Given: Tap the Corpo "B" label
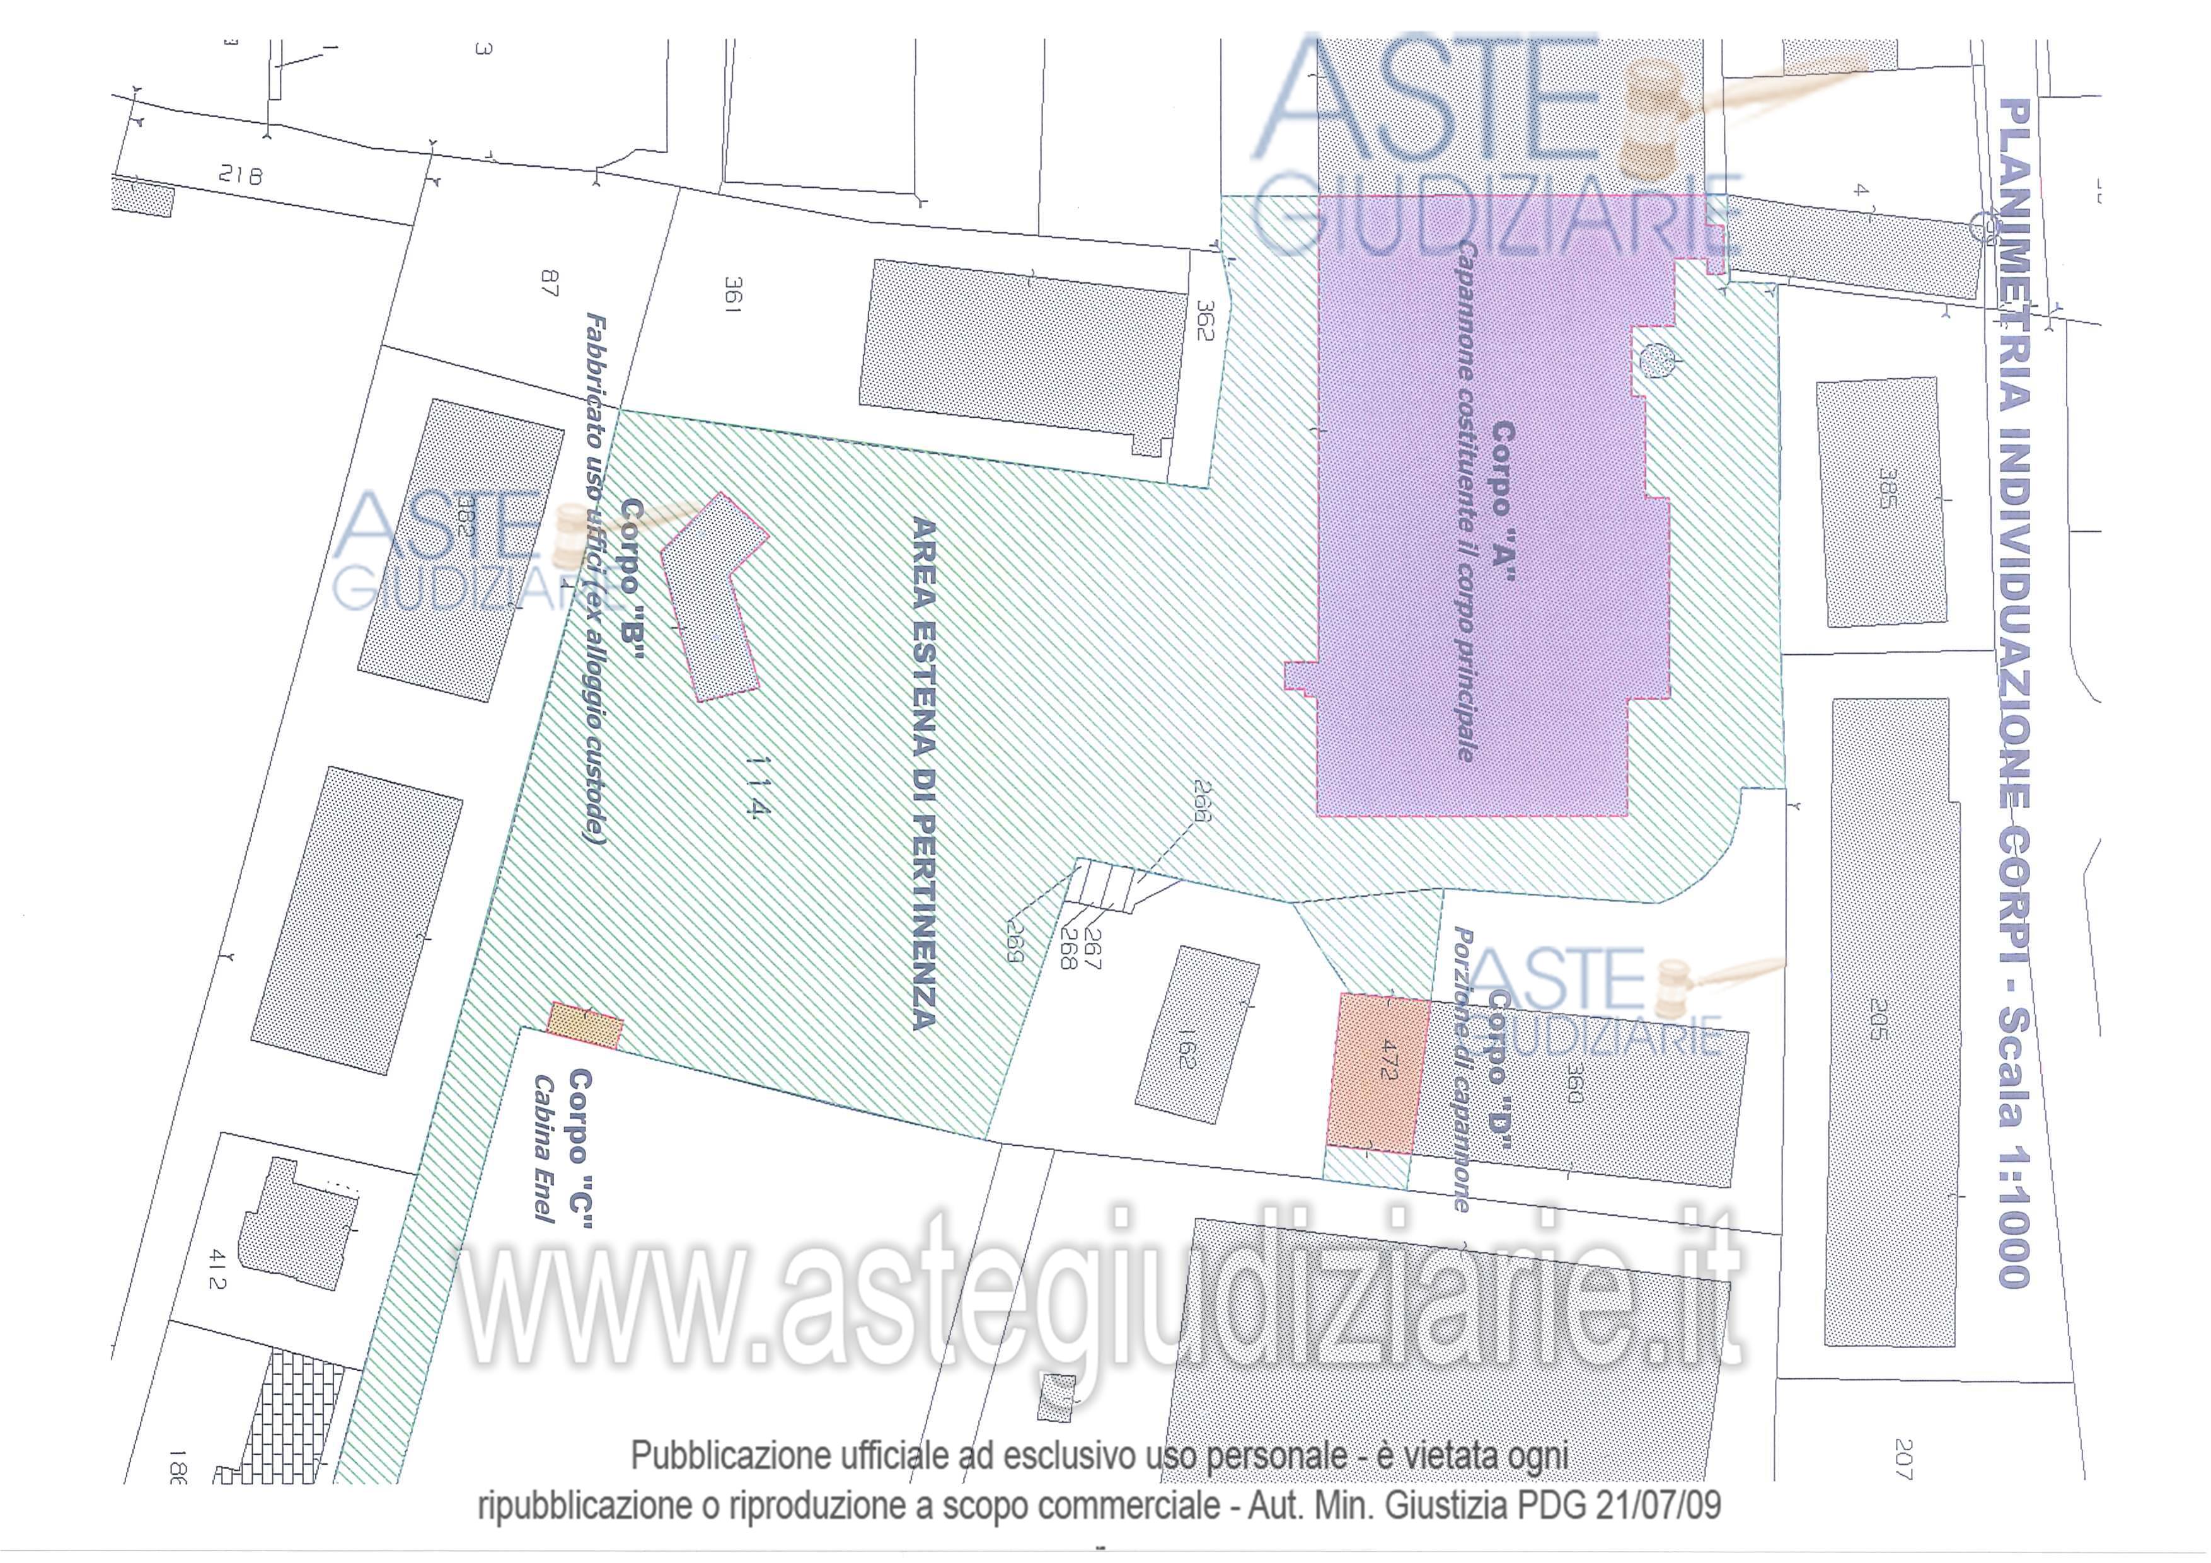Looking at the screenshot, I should [633, 579].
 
